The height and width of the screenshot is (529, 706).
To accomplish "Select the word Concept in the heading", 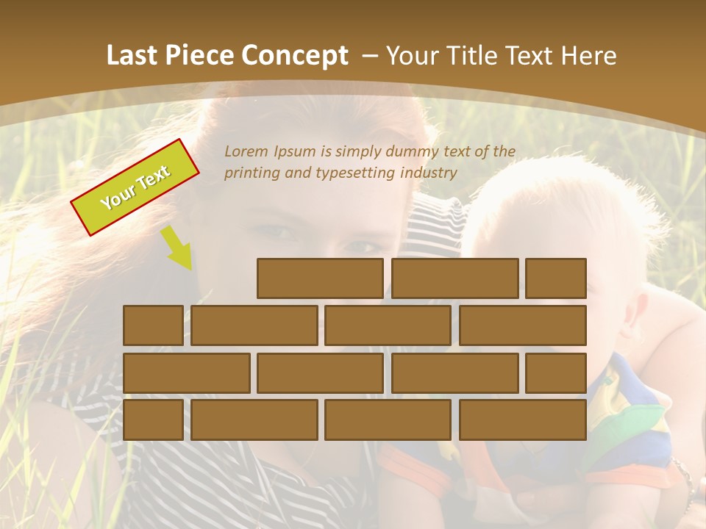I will tap(296, 56).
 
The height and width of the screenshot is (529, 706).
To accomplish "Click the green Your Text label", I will tap(135, 187).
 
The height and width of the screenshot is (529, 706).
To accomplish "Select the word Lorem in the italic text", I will tap(247, 152).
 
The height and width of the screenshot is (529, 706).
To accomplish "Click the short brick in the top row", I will tap(556, 278).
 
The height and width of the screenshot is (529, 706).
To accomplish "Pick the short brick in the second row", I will tap(153, 325).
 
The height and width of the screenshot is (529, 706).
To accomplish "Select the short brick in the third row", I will tap(556, 373).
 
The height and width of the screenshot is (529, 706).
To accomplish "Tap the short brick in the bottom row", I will tap(153, 420).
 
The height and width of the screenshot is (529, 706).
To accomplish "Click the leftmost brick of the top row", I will tap(320, 278).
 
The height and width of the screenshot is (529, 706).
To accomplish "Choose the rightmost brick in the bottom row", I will tap(523, 420).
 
